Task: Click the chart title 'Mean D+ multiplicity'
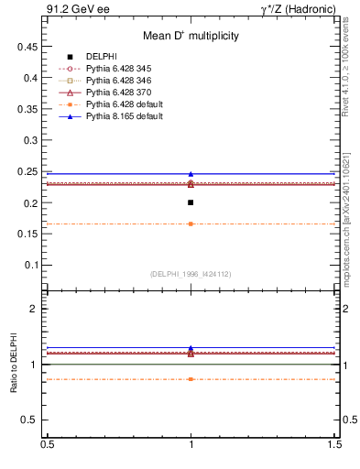pos(191,37)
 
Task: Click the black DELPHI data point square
pos(191,202)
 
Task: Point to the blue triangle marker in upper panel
pos(191,173)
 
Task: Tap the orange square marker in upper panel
pos(191,224)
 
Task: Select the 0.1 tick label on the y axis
pos(32,265)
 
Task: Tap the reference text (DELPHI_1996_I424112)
pos(191,274)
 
